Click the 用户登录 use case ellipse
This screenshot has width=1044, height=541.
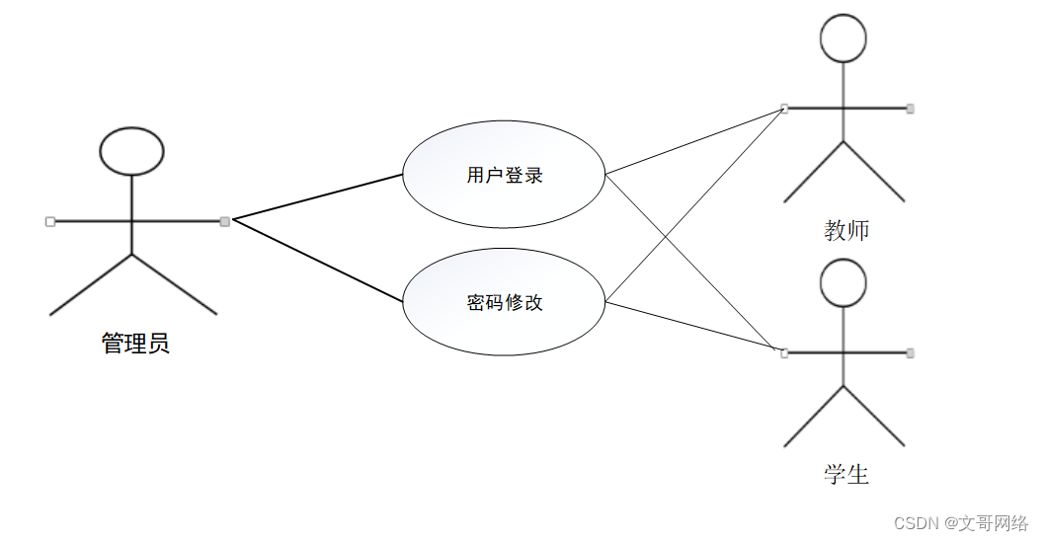click(x=504, y=176)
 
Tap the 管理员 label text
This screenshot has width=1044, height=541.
click(x=135, y=344)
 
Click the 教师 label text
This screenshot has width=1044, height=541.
click(x=846, y=231)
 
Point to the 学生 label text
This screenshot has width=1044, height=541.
click(x=846, y=475)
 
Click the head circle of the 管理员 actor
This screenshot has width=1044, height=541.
click(x=131, y=151)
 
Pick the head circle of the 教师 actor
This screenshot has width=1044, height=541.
click(x=843, y=39)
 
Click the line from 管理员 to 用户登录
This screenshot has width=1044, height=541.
click(x=316, y=196)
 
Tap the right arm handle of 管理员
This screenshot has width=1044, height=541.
click(x=225, y=220)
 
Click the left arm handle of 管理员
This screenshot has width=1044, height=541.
click(x=49, y=221)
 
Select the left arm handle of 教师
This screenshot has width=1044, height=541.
click(x=784, y=108)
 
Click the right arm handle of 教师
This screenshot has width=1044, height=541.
click(x=910, y=108)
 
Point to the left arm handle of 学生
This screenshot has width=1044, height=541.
click(x=784, y=352)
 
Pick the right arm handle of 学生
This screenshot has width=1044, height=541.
click(x=910, y=352)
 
